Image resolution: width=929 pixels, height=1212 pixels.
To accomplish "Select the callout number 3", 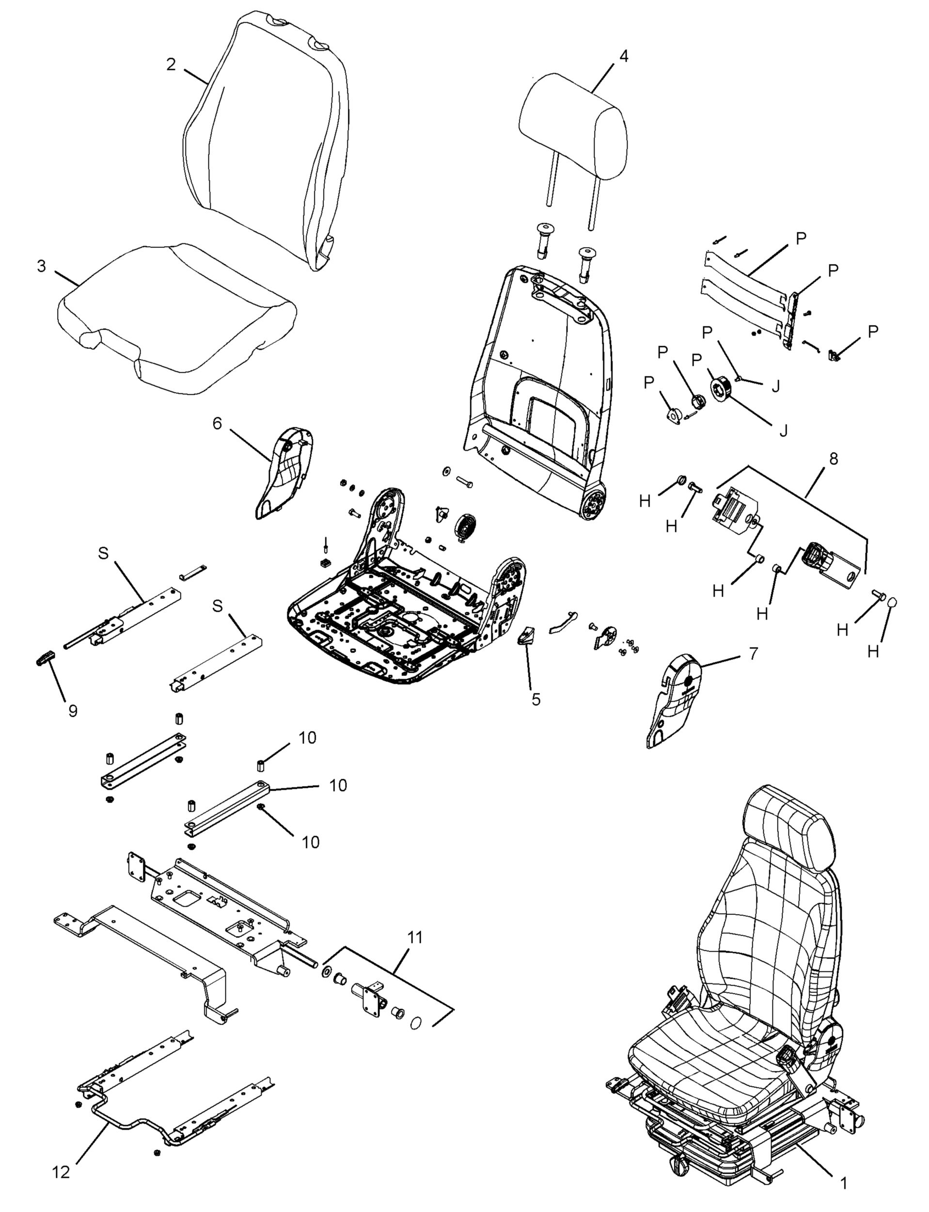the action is tap(42, 266).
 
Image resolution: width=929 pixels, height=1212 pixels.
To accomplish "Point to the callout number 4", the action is tap(623, 56).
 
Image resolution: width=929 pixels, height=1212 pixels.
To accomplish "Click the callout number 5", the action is tap(536, 699).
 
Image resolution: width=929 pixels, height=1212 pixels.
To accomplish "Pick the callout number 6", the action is tap(217, 423).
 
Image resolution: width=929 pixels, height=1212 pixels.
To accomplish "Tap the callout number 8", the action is tap(834, 459).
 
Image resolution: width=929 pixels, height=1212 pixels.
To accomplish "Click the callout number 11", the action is tap(415, 937).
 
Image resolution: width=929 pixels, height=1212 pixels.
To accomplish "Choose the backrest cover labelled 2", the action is tap(266, 138).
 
